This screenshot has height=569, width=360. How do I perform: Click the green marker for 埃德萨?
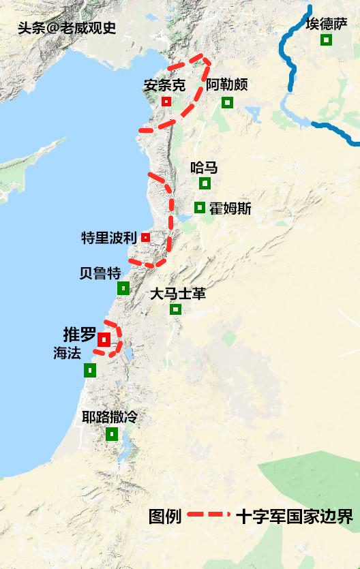click(327, 40)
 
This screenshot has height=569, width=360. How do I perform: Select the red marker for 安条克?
click(166, 102)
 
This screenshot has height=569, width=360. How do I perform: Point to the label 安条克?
click(164, 86)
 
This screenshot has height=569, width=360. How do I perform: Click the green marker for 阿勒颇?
click(227, 102)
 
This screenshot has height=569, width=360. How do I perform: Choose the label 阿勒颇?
click(226, 86)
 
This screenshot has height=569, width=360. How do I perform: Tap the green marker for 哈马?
click(205, 183)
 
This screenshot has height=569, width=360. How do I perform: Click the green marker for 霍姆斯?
click(200, 207)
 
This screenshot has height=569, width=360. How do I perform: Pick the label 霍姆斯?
click(230, 209)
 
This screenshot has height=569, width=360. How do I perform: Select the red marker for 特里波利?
click(145, 237)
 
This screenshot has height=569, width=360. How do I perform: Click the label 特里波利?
click(109, 238)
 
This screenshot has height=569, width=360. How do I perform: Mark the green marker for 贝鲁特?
click(123, 288)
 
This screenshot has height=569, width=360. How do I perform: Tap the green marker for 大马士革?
click(175, 309)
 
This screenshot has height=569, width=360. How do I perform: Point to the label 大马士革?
click(177, 294)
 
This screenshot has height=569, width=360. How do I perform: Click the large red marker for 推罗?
click(104, 339)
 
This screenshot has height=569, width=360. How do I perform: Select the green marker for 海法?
click(89, 370)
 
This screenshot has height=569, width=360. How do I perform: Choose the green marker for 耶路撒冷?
click(112, 434)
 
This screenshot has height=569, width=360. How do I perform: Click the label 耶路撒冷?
click(109, 417)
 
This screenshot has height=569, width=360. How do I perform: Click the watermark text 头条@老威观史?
click(66, 29)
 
